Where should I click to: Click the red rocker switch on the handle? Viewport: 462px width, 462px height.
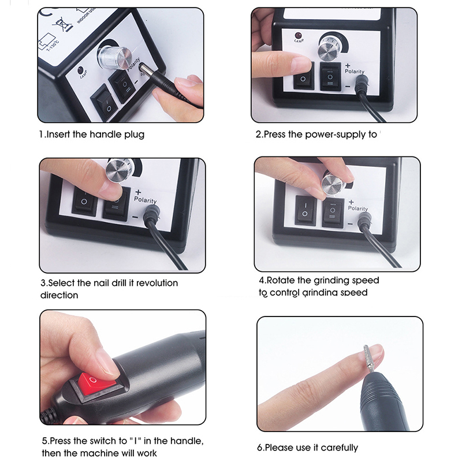(94, 385)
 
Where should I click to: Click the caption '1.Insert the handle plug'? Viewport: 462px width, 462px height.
(91, 135)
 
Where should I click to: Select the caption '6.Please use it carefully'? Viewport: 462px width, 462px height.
(307, 448)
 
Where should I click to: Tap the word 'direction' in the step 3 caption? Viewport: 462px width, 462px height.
(59, 295)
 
